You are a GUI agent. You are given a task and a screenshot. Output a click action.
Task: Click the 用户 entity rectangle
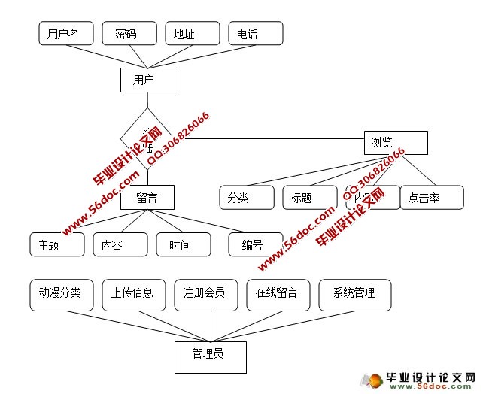click(x=147, y=80)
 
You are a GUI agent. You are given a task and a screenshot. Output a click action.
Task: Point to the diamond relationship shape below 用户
click(x=147, y=138)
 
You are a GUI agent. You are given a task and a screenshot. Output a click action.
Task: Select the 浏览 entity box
click(x=396, y=142)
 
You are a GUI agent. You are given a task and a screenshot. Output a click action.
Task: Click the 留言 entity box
click(x=147, y=198)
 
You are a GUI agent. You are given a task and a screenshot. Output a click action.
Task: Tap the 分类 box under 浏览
click(x=247, y=198)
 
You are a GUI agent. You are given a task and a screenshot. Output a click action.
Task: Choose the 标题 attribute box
click(x=309, y=198)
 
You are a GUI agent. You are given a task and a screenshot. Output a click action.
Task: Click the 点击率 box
click(x=431, y=198)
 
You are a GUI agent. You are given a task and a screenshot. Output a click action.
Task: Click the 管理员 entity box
click(x=211, y=357)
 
